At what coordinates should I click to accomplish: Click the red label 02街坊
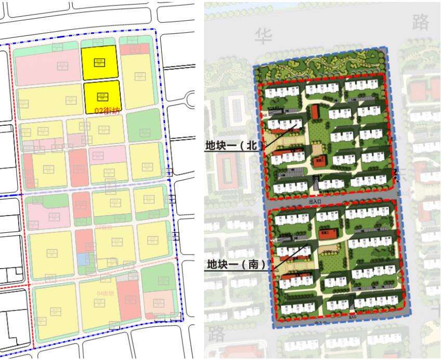click(108, 111)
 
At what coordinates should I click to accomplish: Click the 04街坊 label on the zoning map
click(106, 294)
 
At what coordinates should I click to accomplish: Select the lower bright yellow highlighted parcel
click(102, 96)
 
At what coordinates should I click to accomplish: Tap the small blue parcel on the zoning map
click(81, 259)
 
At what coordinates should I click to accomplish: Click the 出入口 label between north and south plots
click(315, 201)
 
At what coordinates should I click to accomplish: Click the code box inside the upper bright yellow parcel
click(98, 62)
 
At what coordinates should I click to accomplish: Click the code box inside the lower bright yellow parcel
click(102, 96)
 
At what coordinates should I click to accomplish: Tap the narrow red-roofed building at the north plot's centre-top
click(315, 112)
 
